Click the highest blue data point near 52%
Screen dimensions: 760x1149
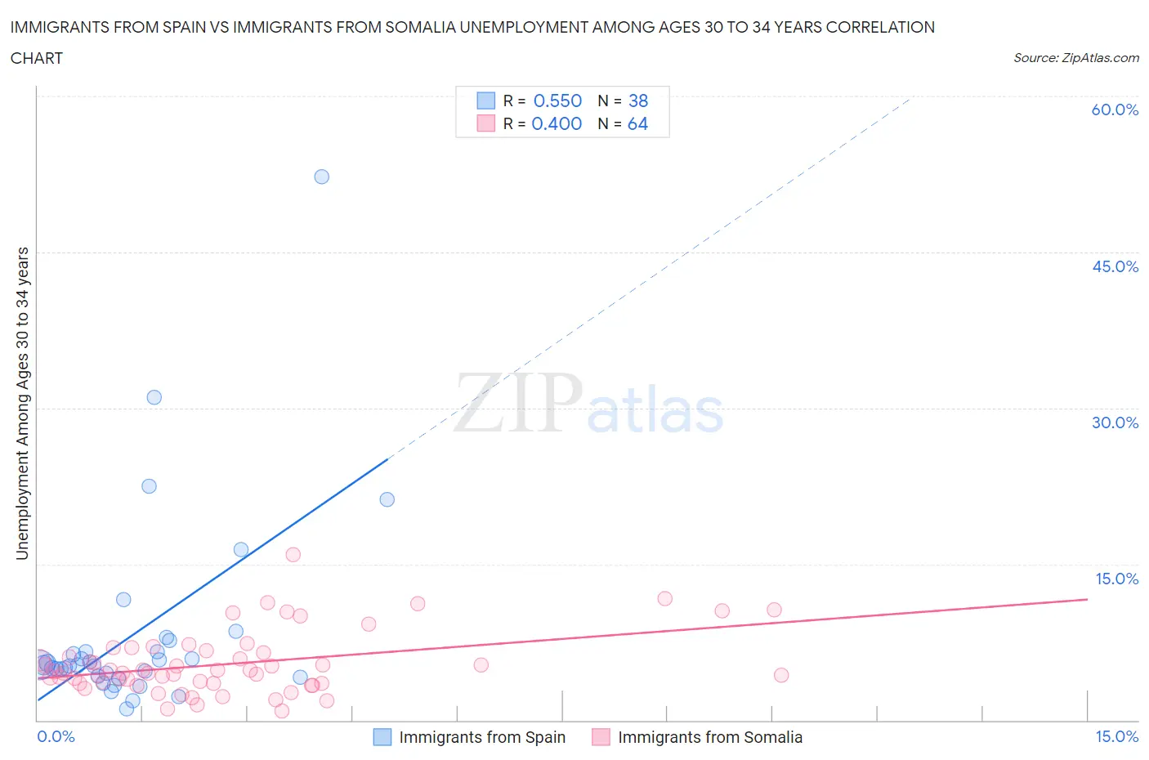click(x=322, y=177)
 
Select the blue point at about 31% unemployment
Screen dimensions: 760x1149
click(x=154, y=397)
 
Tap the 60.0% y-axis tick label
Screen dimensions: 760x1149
click(x=1115, y=110)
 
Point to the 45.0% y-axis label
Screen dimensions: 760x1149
click(x=1115, y=266)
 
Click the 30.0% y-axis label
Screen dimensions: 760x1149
click(x=1115, y=422)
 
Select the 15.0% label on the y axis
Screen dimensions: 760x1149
click(x=1116, y=579)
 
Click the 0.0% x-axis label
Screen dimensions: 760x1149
click(x=56, y=736)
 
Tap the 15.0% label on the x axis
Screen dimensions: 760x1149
click(x=1116, y=736)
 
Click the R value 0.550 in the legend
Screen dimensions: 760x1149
click(x=557, y=101)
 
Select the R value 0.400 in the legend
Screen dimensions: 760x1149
click(x=557, y=123)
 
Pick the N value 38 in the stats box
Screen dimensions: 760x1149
click(x=638, y=101)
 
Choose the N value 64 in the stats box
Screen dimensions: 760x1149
click(x=637, y=123)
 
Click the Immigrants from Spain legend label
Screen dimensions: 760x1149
click(x=482, y=737)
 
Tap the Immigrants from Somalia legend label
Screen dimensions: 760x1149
click(x=709, y=737)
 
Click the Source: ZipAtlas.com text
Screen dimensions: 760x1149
click(x=1075, y=57)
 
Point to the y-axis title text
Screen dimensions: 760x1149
click(x=22, y=404)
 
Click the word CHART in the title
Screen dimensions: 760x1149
click(x=37, y=58)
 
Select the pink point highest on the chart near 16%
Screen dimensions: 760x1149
click(x=293, y=554)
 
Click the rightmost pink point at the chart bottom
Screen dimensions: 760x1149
click(x=781, y=675)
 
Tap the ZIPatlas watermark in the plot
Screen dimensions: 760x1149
click(x=588, y=405)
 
